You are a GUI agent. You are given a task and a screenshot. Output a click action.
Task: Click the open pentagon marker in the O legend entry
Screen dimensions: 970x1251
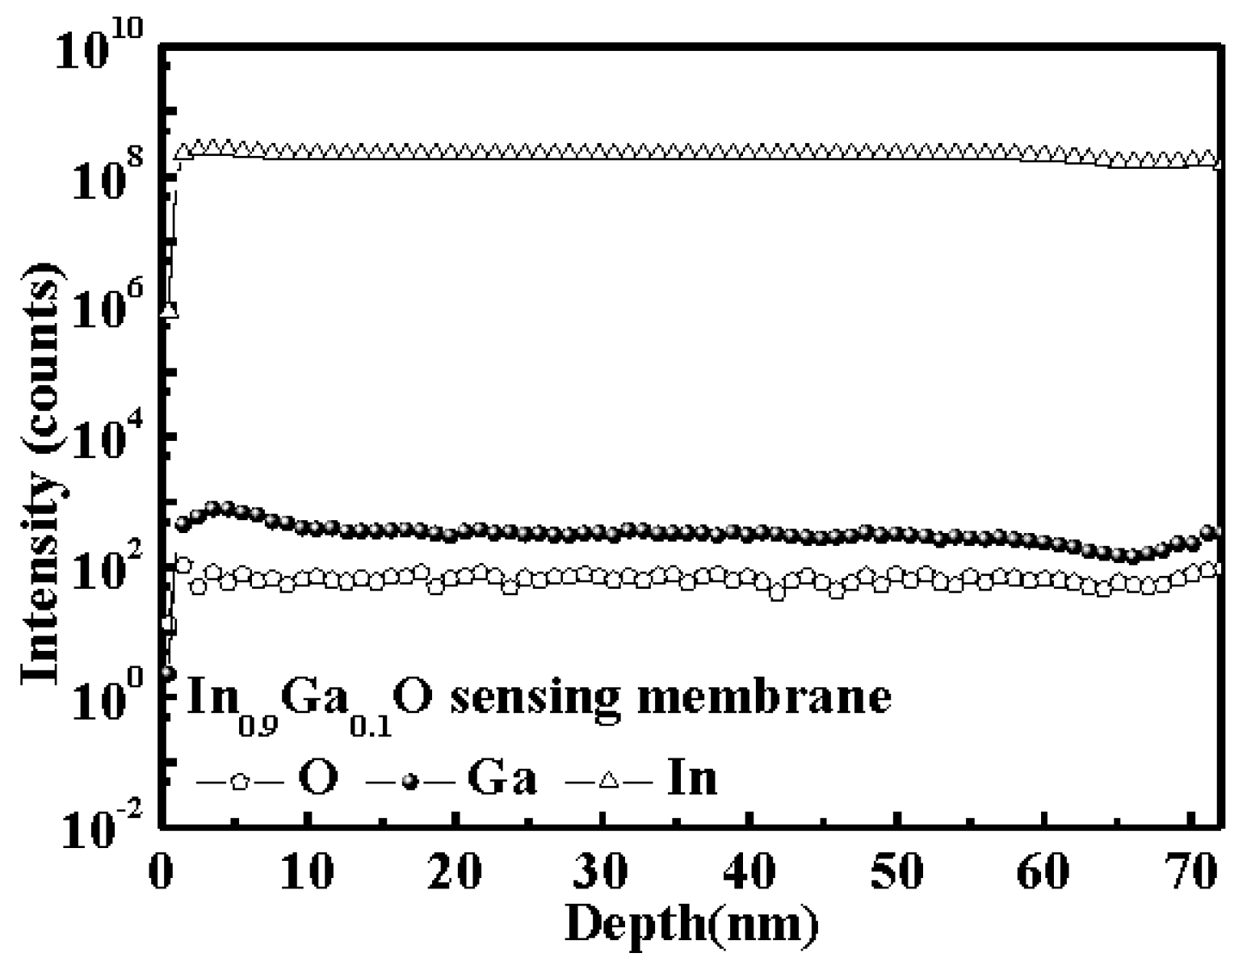tap(239, 781)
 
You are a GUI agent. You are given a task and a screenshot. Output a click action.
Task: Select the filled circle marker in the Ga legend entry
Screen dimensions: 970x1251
tap(411, 781)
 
